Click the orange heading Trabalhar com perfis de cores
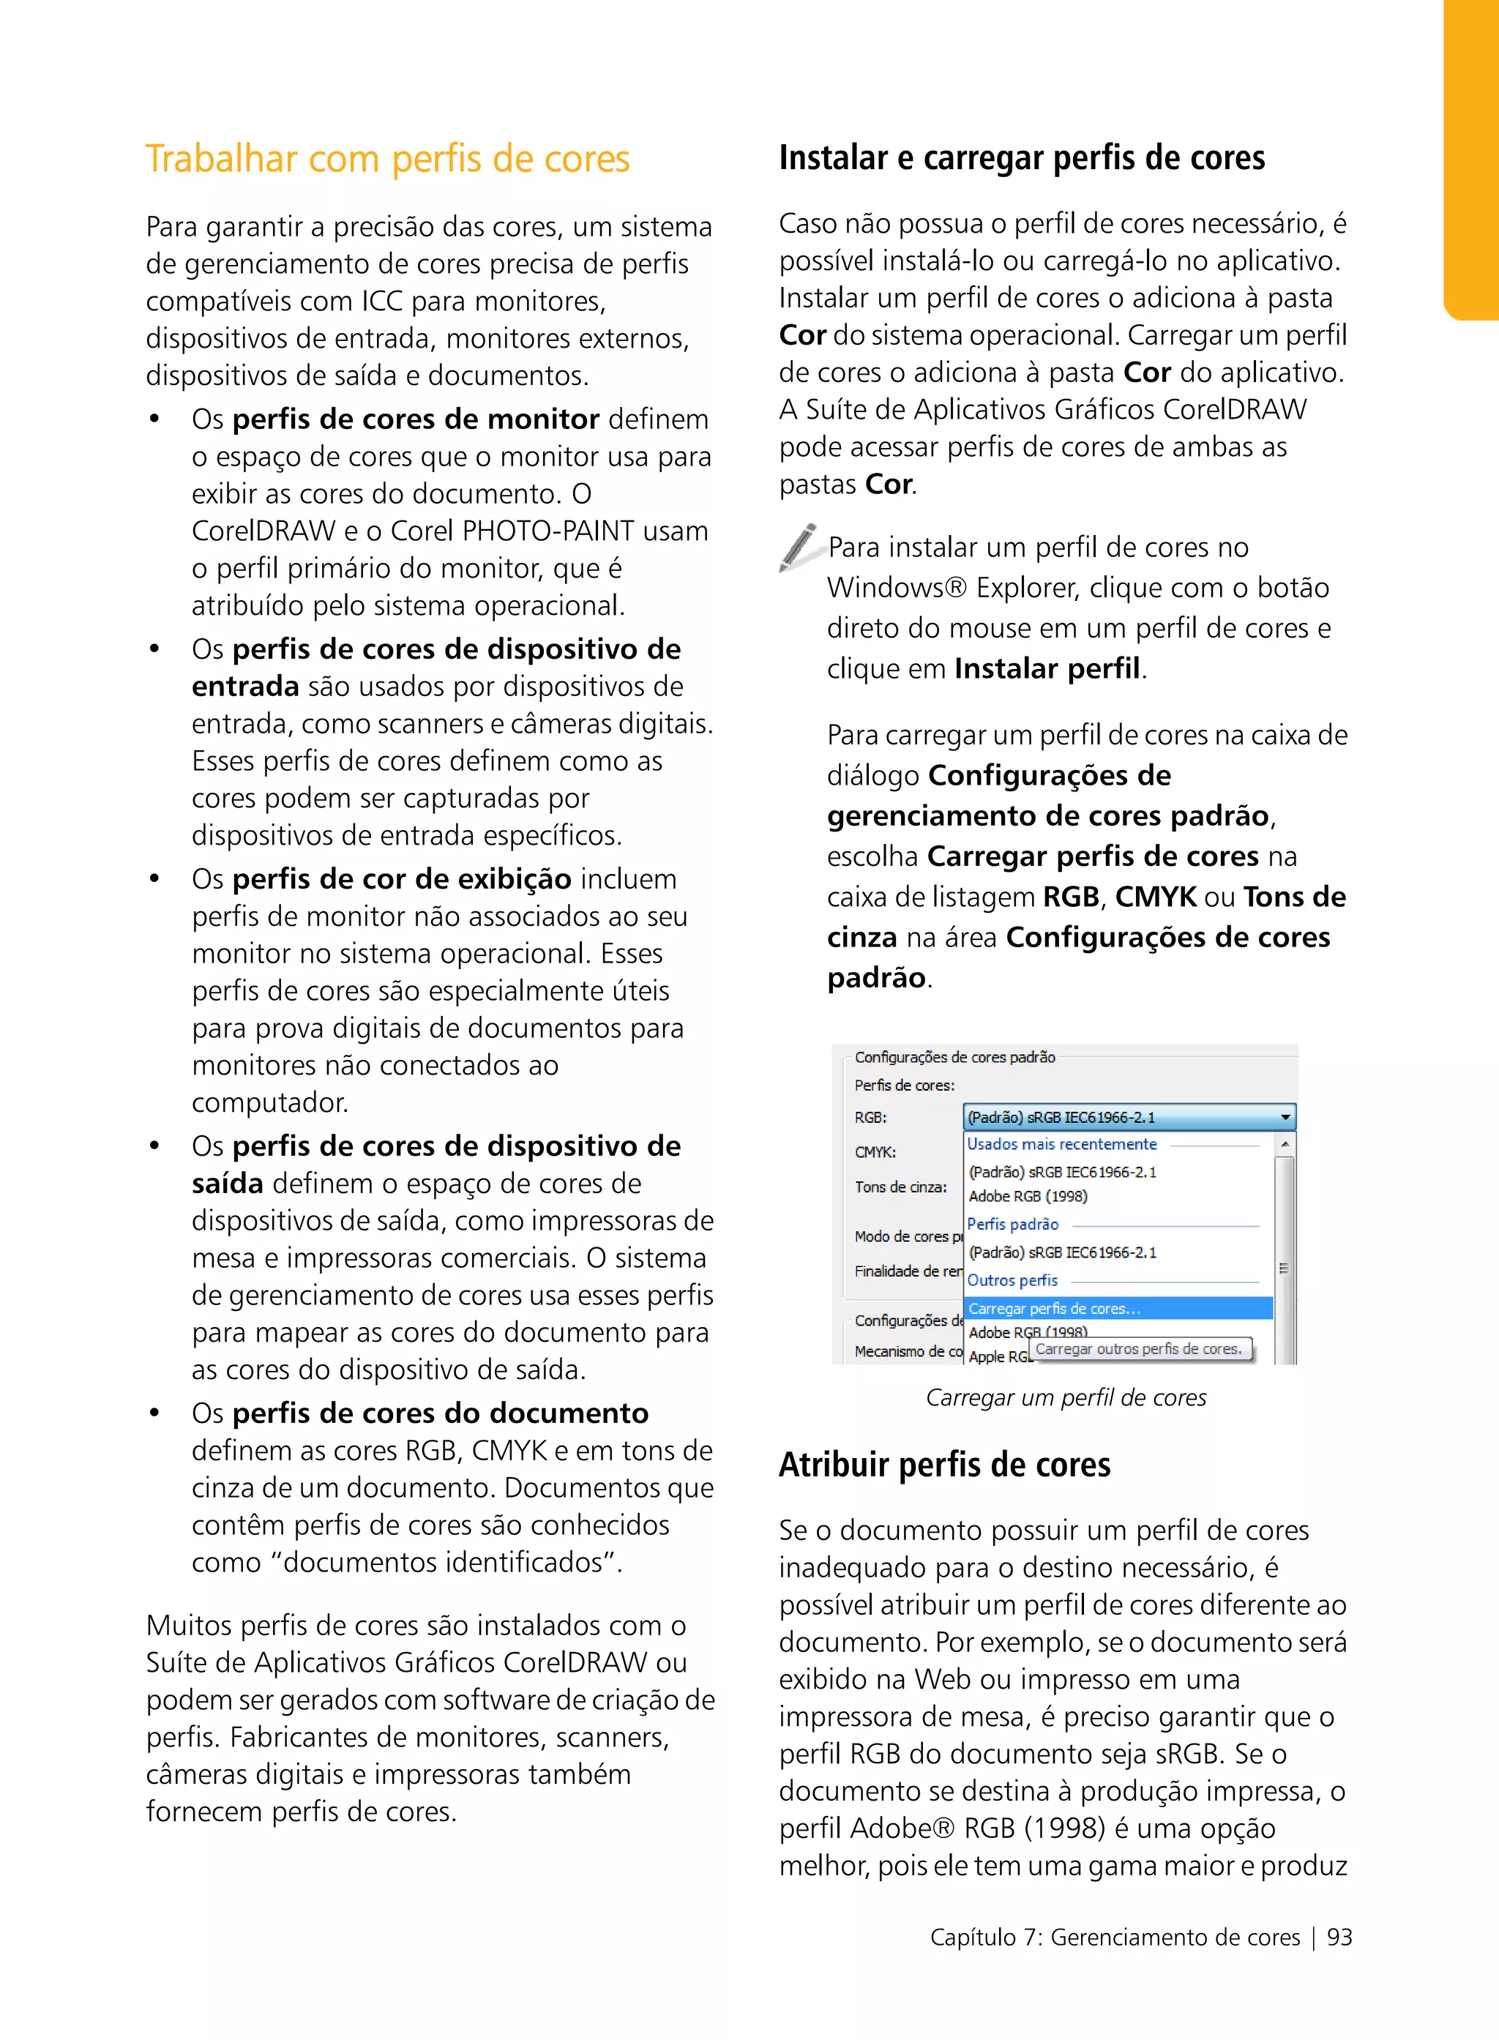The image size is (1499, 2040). point(387,159)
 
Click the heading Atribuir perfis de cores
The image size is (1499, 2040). point(943,1464)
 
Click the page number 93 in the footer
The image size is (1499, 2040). point(1339,1937)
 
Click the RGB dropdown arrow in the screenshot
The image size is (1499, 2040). point(1285,1117)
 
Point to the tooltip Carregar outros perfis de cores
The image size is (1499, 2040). point(1139,1348)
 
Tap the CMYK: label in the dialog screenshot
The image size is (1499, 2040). point(875,1151)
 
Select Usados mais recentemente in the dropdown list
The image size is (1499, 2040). point(1061,1144)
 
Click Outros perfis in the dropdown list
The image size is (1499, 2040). point(1013,1279)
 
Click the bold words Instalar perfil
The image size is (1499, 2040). point(1047,669)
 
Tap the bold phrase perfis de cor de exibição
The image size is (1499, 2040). point(401,878)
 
